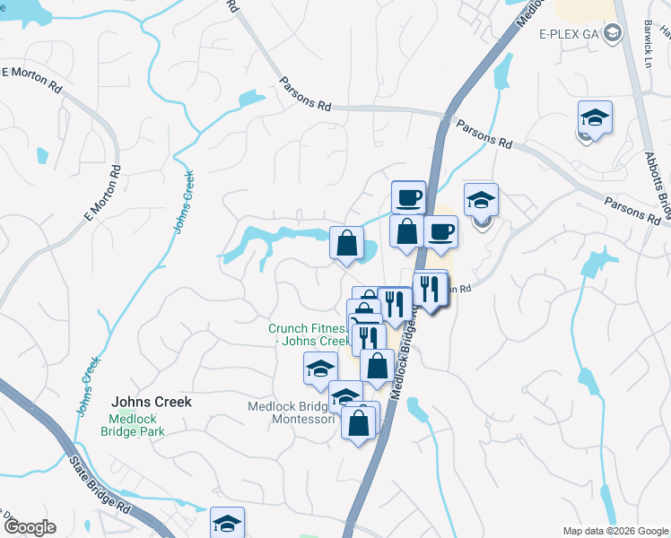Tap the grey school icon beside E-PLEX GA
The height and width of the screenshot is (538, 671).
coord(613,34)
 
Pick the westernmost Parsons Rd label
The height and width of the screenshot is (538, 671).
coord(304,96)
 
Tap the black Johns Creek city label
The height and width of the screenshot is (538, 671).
coord(151,403)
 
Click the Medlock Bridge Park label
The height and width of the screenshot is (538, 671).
coord(137,426)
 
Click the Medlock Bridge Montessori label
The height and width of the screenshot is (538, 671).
coord(292,413)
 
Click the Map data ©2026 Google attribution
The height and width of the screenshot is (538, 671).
coord(615,531)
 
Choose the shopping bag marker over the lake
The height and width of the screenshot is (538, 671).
coord(346,243)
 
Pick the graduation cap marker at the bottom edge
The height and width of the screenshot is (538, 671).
coord(228,524)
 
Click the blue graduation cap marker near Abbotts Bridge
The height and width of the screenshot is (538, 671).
coord(595,117)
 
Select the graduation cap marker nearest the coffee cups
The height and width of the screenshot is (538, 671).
coord(481,201)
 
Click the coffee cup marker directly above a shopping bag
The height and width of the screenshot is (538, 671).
coord(408,197)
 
